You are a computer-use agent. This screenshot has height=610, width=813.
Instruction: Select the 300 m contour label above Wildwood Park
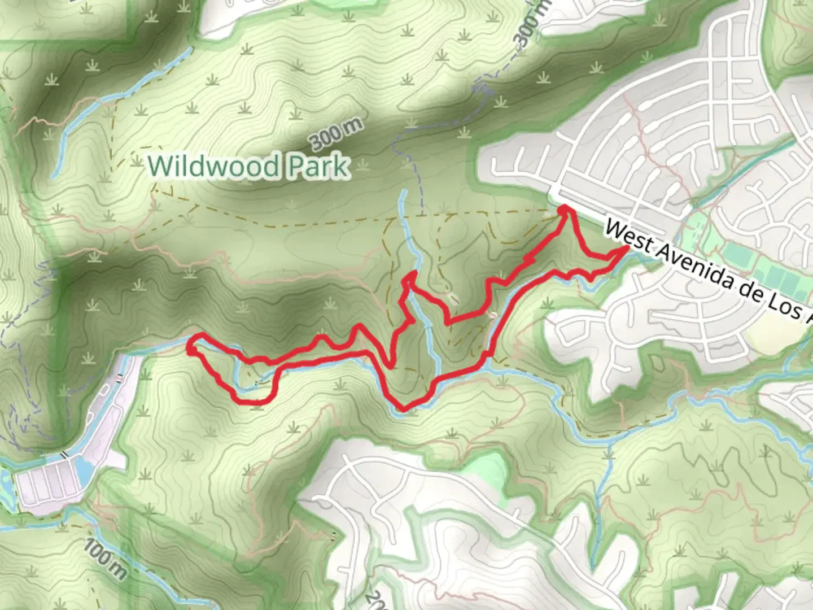pos(336,136)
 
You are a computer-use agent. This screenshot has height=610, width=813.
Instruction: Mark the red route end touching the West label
pos(626,249)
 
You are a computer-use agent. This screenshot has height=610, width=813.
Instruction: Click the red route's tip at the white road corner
pos(565,210)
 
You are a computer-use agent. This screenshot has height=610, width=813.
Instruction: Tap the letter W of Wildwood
pos(160,166)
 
